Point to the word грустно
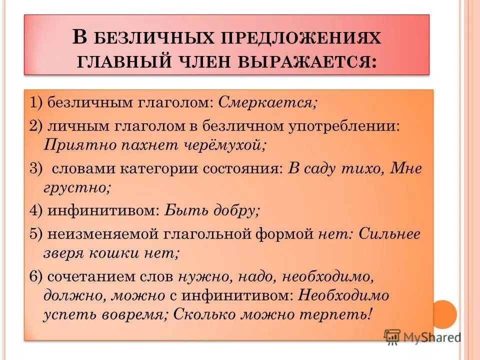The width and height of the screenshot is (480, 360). [x=77, y=188]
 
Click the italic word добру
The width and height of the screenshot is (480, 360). [x=237, y=210]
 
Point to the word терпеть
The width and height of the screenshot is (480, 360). [x=340, y=315]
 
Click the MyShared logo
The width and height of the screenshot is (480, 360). [x=422, y=336]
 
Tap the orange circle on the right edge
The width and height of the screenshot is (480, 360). [x=444, y=313]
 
